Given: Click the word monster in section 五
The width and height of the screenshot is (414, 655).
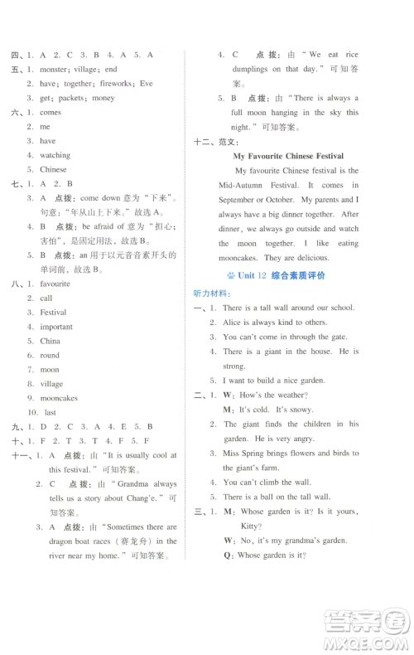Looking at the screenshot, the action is [54, 70].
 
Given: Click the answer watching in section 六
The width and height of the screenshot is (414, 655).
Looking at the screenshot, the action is [55, 155].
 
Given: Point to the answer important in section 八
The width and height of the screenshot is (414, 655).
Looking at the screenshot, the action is [56, 327].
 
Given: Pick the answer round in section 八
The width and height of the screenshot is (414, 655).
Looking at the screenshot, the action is [50, 355].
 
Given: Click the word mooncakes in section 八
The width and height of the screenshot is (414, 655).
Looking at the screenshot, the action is [59, 398].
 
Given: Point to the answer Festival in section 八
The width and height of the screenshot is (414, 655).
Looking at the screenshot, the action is [54, 313].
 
